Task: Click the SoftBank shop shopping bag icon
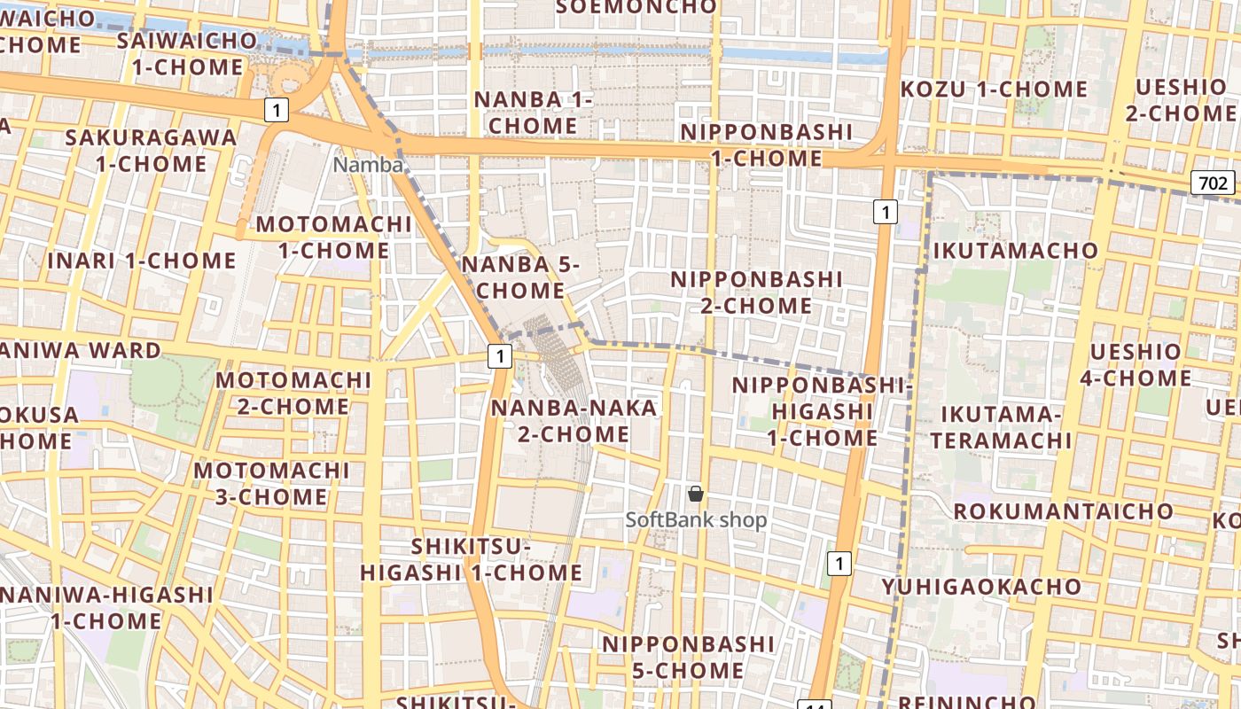[696, 494]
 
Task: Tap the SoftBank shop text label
[696, 520]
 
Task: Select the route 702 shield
[1212, 183]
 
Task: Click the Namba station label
[368, 165]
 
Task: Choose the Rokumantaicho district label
[1063, 511]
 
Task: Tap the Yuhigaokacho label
[981, 587]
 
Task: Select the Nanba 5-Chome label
[520, 277]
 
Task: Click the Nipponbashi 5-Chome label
[688, 657]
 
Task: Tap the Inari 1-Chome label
[142, 261]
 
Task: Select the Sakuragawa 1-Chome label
[152, 151]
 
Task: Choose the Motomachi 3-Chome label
[271, 483]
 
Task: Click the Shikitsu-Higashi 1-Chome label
[471, 560]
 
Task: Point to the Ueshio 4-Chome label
[1135, 365]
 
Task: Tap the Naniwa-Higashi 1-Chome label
[106, 607]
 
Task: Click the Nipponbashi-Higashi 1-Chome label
[822, 411]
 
